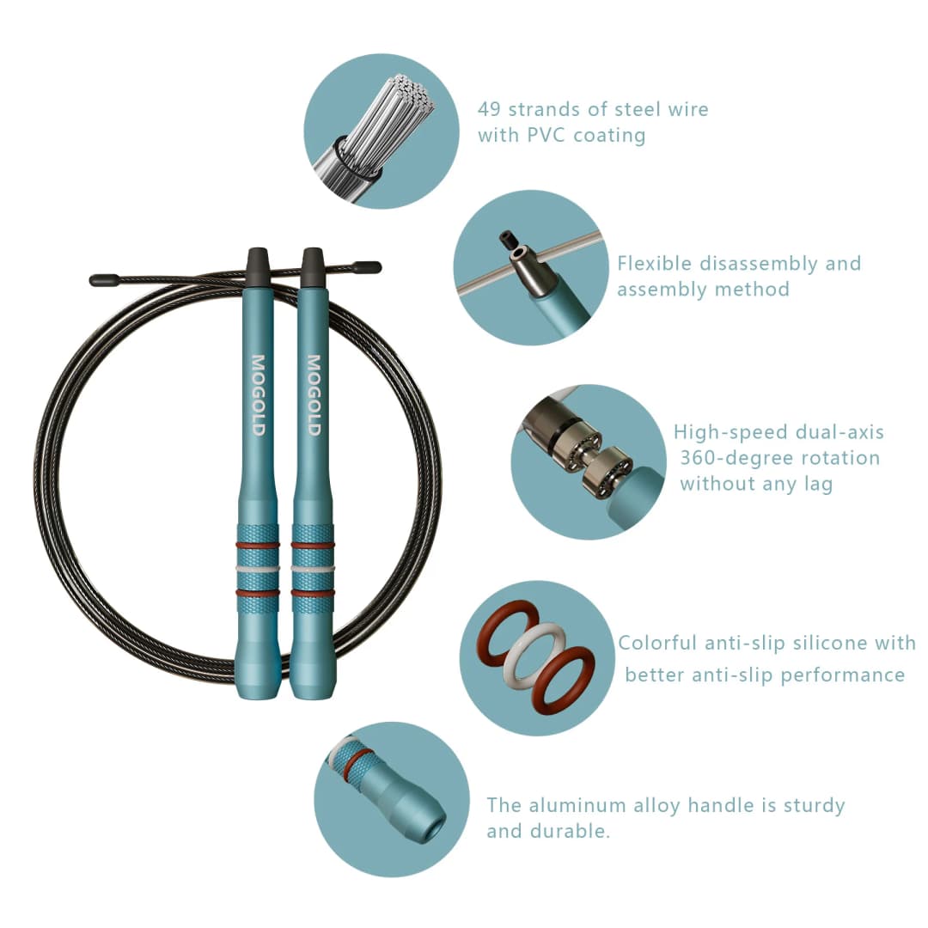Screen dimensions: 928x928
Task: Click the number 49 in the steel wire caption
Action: [489, 109]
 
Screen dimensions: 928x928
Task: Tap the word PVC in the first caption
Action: [546, 136]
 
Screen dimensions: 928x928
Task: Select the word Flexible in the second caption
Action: [654, 264]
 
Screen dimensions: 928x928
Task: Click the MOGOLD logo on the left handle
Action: [258, 395]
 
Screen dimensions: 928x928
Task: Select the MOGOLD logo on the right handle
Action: [314, 395]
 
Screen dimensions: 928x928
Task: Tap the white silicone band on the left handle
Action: [258, 569]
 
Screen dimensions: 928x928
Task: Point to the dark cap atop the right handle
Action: [313, 259]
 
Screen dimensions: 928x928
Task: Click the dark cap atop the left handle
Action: [258, 259]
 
